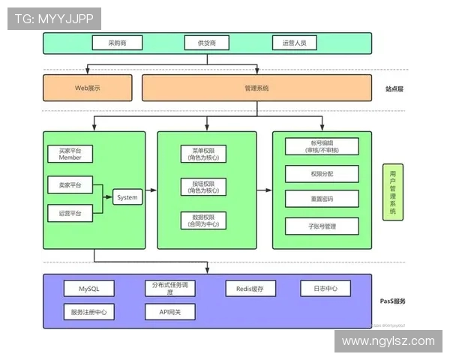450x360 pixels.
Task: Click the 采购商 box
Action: coord(116,43)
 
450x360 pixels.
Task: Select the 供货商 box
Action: coord(206,43)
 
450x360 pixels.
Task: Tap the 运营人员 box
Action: coord(295,43)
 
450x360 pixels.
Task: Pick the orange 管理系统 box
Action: coord(256,88)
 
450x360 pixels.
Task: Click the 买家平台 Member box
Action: coord(70,154)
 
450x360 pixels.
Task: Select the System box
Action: coord(127,197)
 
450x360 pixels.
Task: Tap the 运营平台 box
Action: coord(70,213)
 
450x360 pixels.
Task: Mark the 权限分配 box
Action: coord(322,173)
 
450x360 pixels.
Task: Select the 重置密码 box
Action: coord(322,199)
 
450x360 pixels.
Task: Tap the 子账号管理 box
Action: coord(322,226)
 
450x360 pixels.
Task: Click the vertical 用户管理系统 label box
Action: coord(392,192)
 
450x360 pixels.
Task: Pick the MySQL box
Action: coord(88,288)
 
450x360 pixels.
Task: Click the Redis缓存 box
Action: coord(250,288)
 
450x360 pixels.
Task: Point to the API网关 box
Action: coord(169,311)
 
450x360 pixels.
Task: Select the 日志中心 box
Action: coord(325,288)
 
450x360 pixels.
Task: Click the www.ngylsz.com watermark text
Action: coord(388,341)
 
